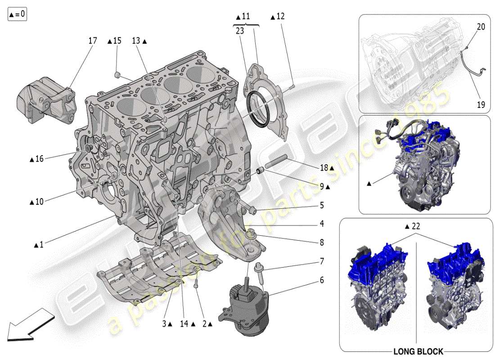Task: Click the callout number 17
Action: tap(92, 40)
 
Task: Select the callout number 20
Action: tap(481, 27)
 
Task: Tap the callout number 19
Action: tap(481, 105)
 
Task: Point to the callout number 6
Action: tap(322, 280)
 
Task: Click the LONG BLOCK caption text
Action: tap(418, 351)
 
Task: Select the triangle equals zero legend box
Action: tap(17, 14)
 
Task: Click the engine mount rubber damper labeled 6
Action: tap(245, 306)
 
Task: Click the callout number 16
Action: tap(39, 159)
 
